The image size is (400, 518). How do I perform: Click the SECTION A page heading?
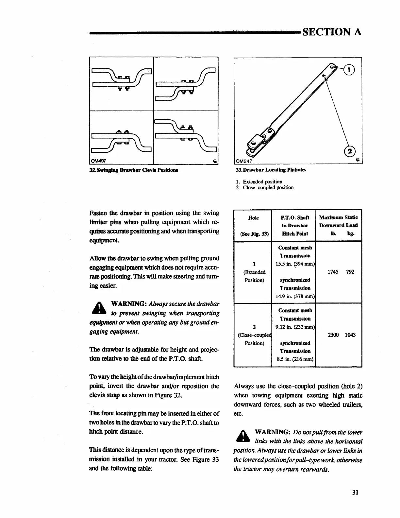(332, 32)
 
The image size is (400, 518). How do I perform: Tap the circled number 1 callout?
(350, 69)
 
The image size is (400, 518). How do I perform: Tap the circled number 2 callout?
(350, 151)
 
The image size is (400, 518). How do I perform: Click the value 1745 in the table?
(333, 272)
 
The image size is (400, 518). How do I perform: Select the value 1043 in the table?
(350, 335)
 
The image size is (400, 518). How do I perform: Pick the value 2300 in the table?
(333, 335)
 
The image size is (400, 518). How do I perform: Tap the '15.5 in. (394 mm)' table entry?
(295, 264)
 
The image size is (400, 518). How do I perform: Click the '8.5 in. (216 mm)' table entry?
(295, 359)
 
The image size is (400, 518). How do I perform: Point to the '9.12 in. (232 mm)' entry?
(295, 327)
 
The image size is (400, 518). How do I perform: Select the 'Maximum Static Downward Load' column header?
(338, 225)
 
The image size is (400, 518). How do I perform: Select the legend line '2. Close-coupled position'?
(265, 188)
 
